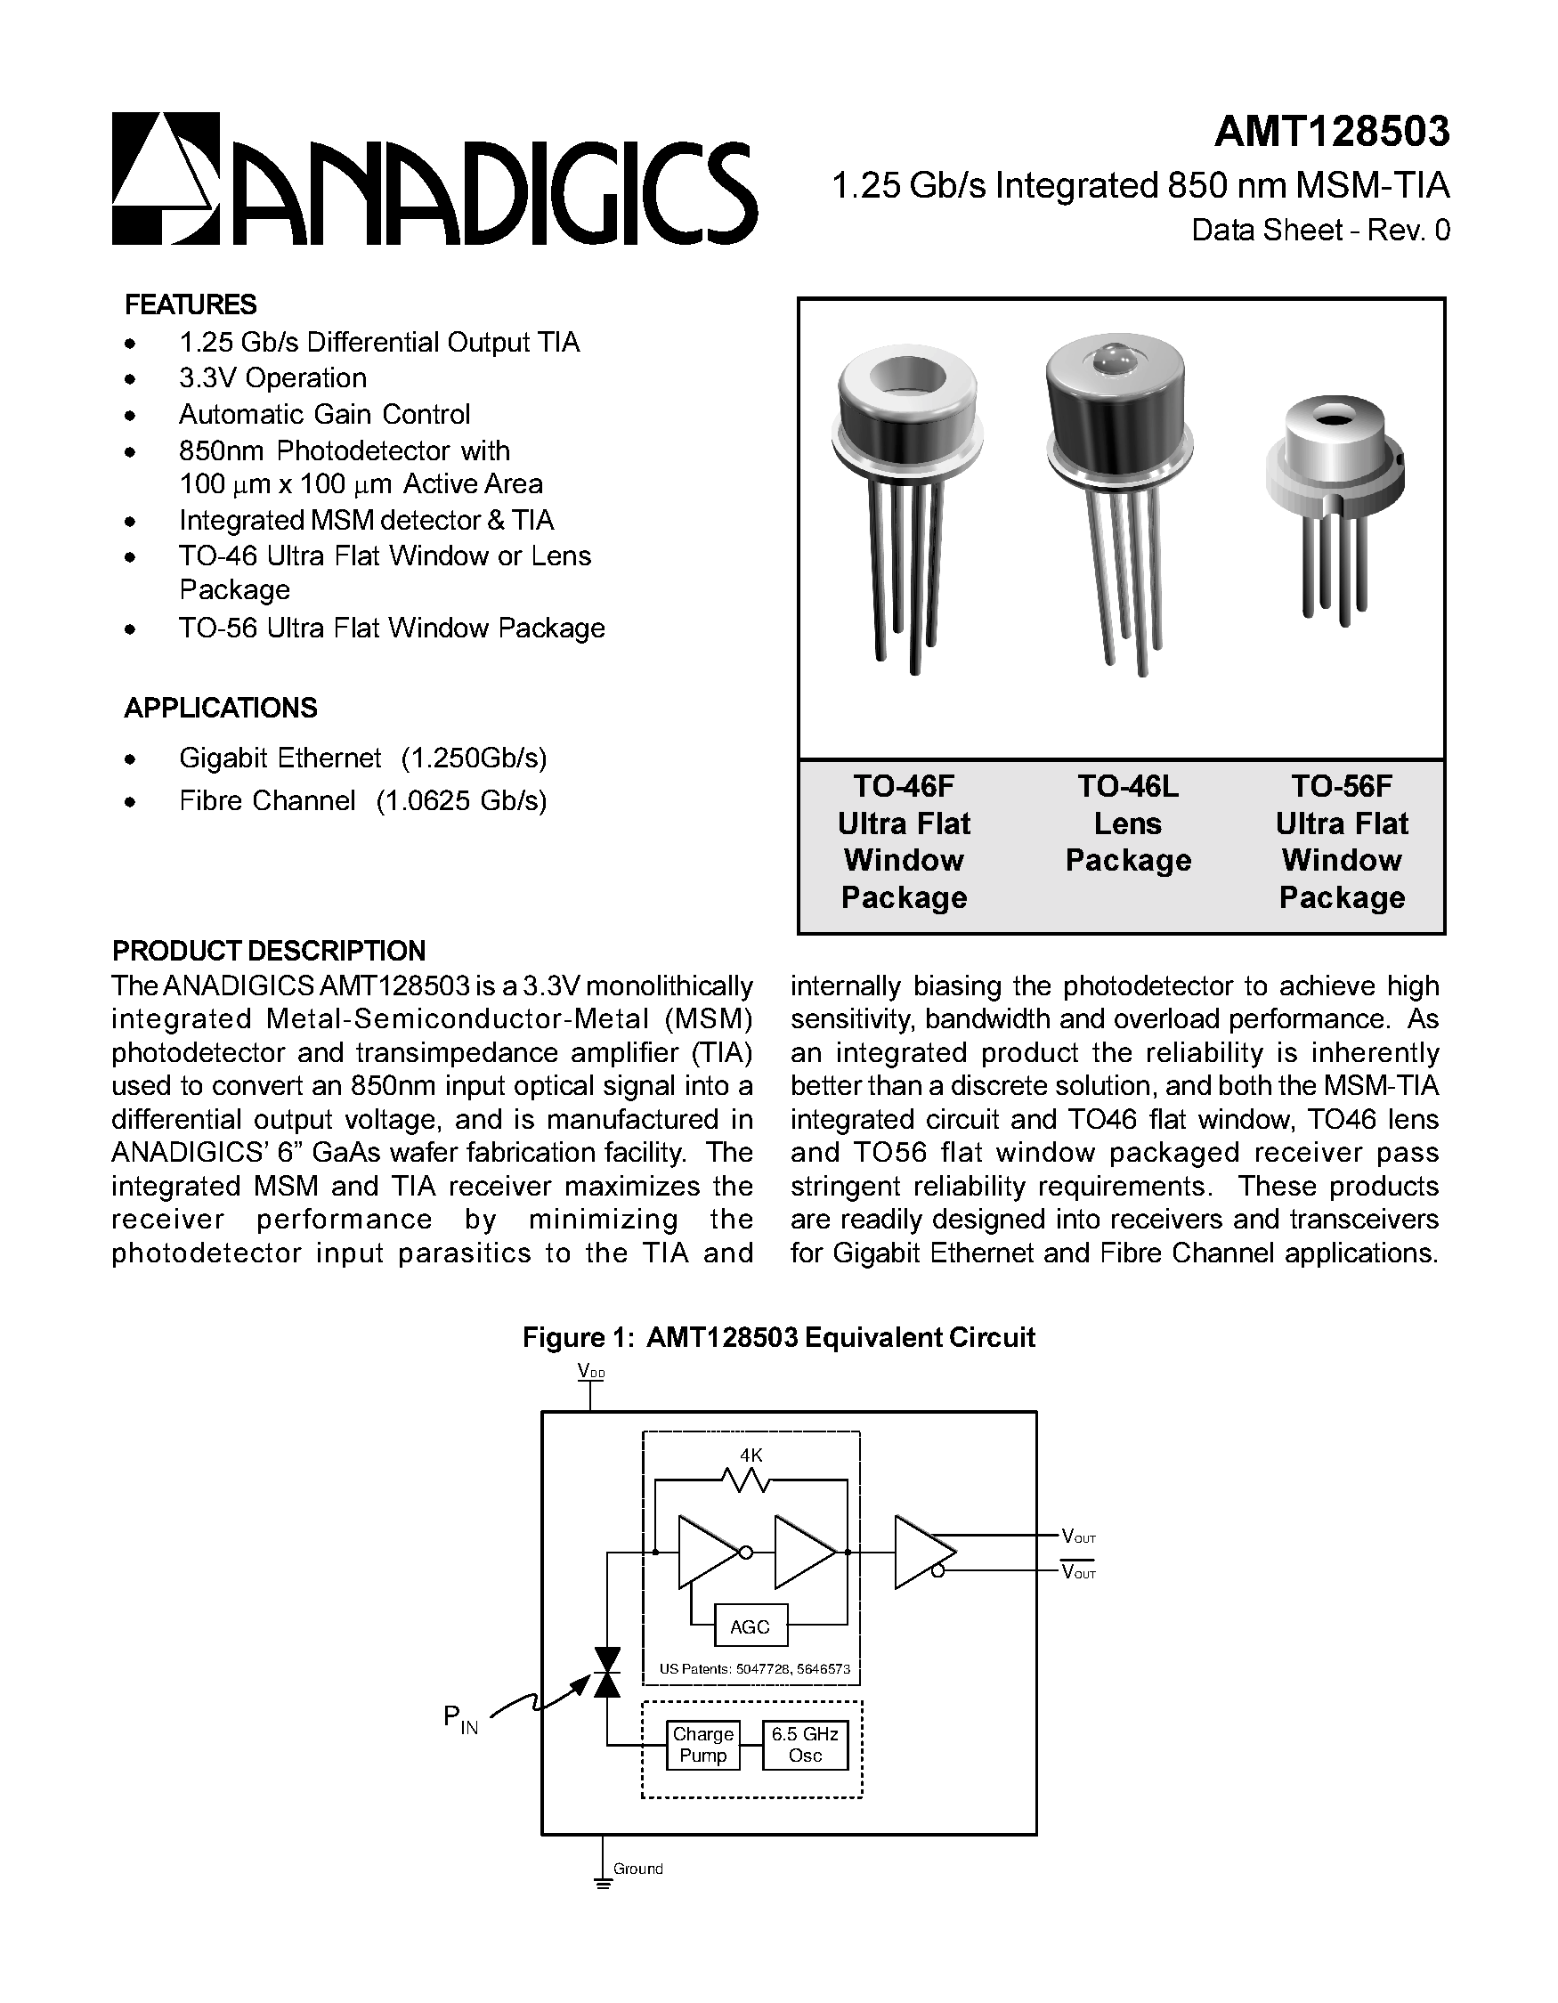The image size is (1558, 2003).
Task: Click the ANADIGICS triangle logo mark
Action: pyautogui.click(x=165, y=178)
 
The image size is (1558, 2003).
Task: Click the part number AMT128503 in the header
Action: pyautogui.click(x=1332, y=132)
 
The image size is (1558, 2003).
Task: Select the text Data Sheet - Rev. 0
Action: pyautogui.click(x=1319, y=230)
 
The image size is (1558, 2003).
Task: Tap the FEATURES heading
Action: pyautogui.click(x=190, y=304)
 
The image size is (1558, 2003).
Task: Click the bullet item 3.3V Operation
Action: pyautogui.click(x=272, y=377)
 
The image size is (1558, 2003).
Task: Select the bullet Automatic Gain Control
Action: pyautogui.click(x=324, y=415)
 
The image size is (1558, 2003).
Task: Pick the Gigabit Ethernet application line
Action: pyautogui.click(x=362, y=758)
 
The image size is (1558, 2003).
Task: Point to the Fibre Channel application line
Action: pyautogui.click(x=362, y=800)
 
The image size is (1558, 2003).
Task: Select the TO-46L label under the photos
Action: pyautogui.click(x=1127, y=786)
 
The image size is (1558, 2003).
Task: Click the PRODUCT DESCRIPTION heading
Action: pyautogui.click(x=268, y=950)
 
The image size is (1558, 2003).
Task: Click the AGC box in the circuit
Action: pyautogui.click(x=750, y=1627)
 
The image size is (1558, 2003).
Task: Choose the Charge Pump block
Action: pyautogui.click(x=702, y=1744)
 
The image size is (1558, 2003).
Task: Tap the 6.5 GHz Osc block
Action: pyautogui.click(x=804, y=1744)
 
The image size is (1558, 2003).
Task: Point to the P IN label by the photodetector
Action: pyautogui.click(x=459, y=1719)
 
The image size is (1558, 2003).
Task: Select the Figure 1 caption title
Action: pyautogui.click(x=777, y=1337)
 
